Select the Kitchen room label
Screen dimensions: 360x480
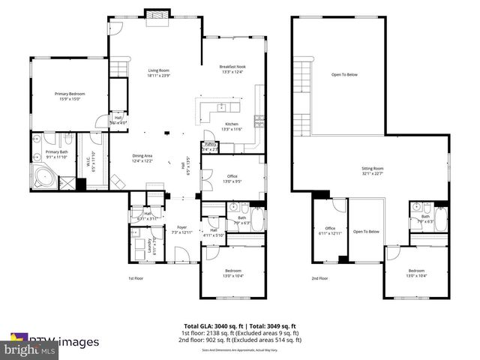232,126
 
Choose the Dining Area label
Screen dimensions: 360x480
142,157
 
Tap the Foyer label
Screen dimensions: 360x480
181,229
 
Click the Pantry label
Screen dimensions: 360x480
209,146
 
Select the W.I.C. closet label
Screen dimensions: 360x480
88,160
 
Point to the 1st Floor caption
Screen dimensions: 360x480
136,279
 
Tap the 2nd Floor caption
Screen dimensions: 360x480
320,279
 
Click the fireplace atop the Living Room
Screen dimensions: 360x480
158,16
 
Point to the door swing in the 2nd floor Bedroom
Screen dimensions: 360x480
393,253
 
